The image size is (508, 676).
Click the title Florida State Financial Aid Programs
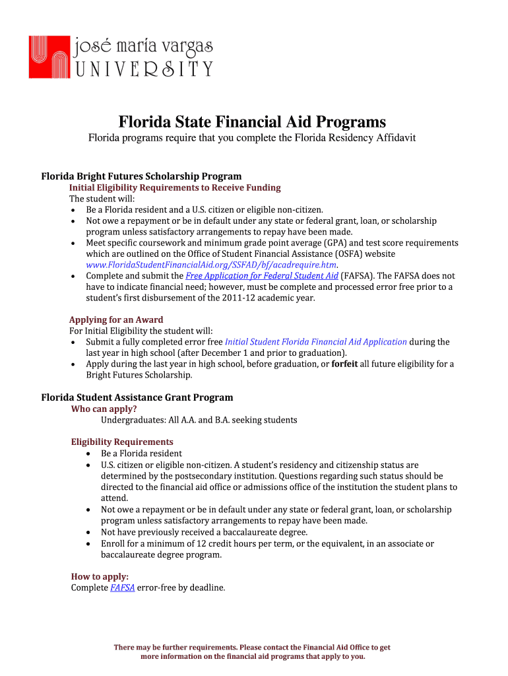252,122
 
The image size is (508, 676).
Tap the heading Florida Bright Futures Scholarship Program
141,176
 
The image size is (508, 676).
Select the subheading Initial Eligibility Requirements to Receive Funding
175,187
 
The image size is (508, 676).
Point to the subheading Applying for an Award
116,320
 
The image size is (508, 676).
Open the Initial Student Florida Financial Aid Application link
316,342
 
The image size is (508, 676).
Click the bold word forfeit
344,364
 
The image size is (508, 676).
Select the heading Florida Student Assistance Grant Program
137,397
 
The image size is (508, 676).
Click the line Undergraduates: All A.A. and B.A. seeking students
199,420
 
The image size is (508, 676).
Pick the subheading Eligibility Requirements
122,442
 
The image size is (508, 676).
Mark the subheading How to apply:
100,576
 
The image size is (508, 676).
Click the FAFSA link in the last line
123,588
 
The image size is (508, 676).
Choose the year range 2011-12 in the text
225,298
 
